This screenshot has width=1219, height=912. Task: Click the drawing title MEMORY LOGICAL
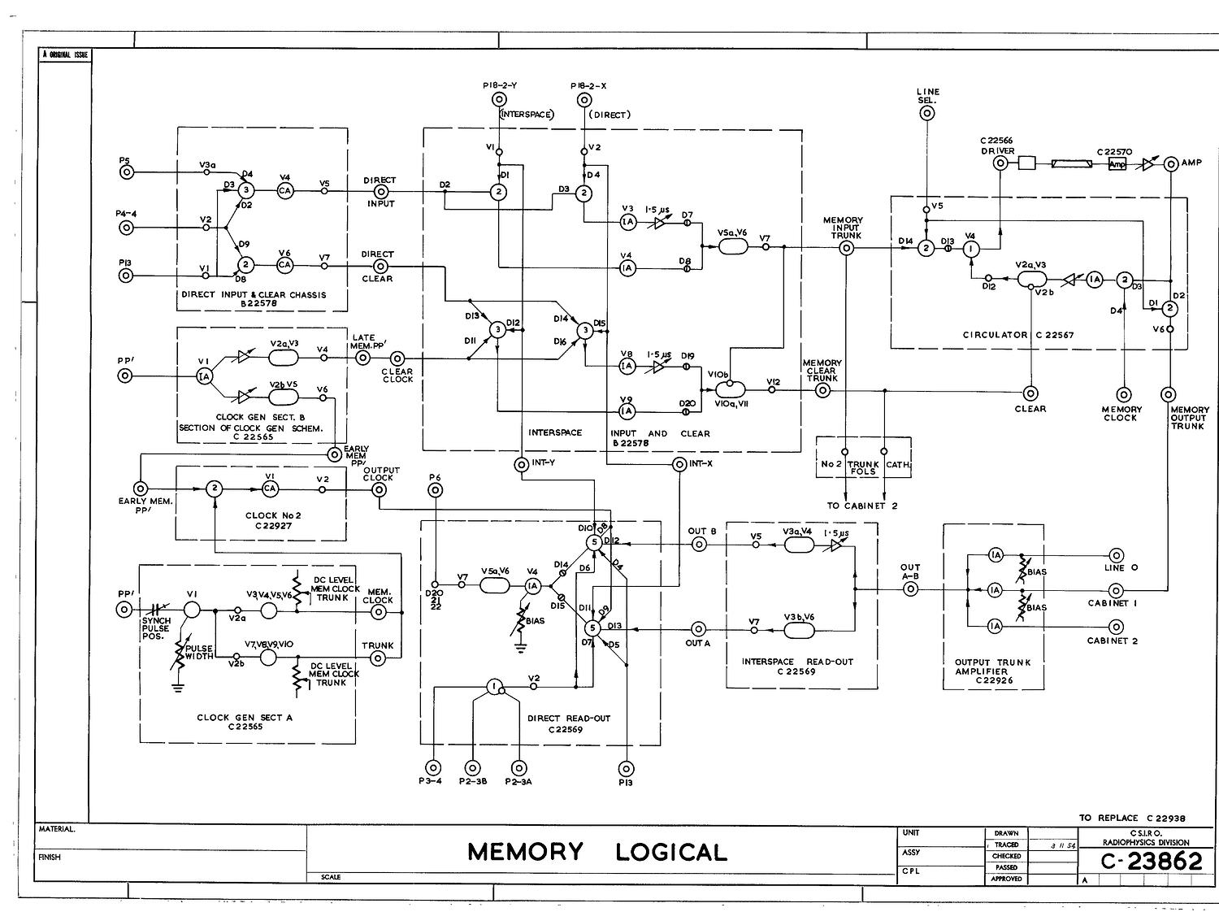(x=597, y=852)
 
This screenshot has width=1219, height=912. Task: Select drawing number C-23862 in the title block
(x=1152, y=862)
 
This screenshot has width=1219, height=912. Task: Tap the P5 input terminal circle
(x=126, y=172)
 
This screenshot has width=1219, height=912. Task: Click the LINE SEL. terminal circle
(x=926, y=114)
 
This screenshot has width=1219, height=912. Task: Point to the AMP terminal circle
(x=1171, y=163)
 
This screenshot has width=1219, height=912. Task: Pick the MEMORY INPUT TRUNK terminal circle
(x=846, y=249)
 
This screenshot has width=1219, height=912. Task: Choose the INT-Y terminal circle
(x=522, y=464)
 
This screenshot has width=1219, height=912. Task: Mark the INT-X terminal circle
(x=679, y=464)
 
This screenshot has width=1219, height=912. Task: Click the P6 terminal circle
(x=436, y=490)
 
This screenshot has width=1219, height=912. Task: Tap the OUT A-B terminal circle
(x=910, y=589)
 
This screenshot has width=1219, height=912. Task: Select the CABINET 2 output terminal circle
(x=1117, y=627)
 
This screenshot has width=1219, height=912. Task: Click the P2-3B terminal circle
(x=473, y=767)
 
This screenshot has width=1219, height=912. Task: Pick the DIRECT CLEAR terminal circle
(x=378, y=266)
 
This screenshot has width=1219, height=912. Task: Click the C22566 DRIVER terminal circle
(x=1000, y=163)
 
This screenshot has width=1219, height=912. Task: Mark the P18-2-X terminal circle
(x=583, y=101)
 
